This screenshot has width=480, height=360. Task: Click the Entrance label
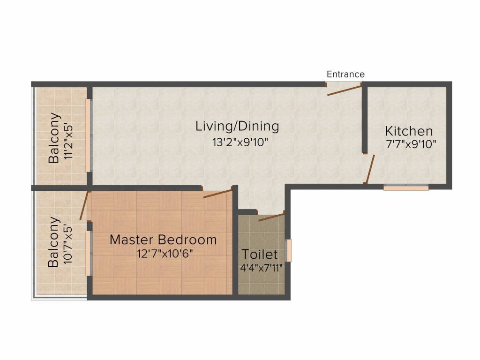click(x=345, y=75)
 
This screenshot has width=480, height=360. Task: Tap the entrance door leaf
click(x=345, y=90)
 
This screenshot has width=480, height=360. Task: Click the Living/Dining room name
click(x=237, y=126)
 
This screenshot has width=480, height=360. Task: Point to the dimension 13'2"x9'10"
click(x=240, y=142)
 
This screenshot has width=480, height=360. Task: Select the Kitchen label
click(x=409, y=131)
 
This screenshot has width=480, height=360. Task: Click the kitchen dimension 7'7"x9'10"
click(x=411, y=144)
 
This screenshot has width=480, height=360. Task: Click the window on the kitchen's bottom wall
click(x=406, y=187)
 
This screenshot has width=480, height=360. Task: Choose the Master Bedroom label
click(x=163, y=240)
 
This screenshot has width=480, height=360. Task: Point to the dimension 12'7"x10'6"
click(x=165, y=254)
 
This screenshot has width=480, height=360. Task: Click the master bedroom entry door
click(x=217, y=194)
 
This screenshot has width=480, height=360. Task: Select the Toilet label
click(x=260, y=255)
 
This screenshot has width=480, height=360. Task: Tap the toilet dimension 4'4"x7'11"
click(x=261, y=269)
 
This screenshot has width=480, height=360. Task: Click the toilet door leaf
click(x=271, y=217)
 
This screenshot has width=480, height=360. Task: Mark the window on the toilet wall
click(x=289, y=250)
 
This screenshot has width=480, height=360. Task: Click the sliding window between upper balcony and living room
click(x=88, y=135)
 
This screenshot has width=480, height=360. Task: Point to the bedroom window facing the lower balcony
click(x=88, y=254)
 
